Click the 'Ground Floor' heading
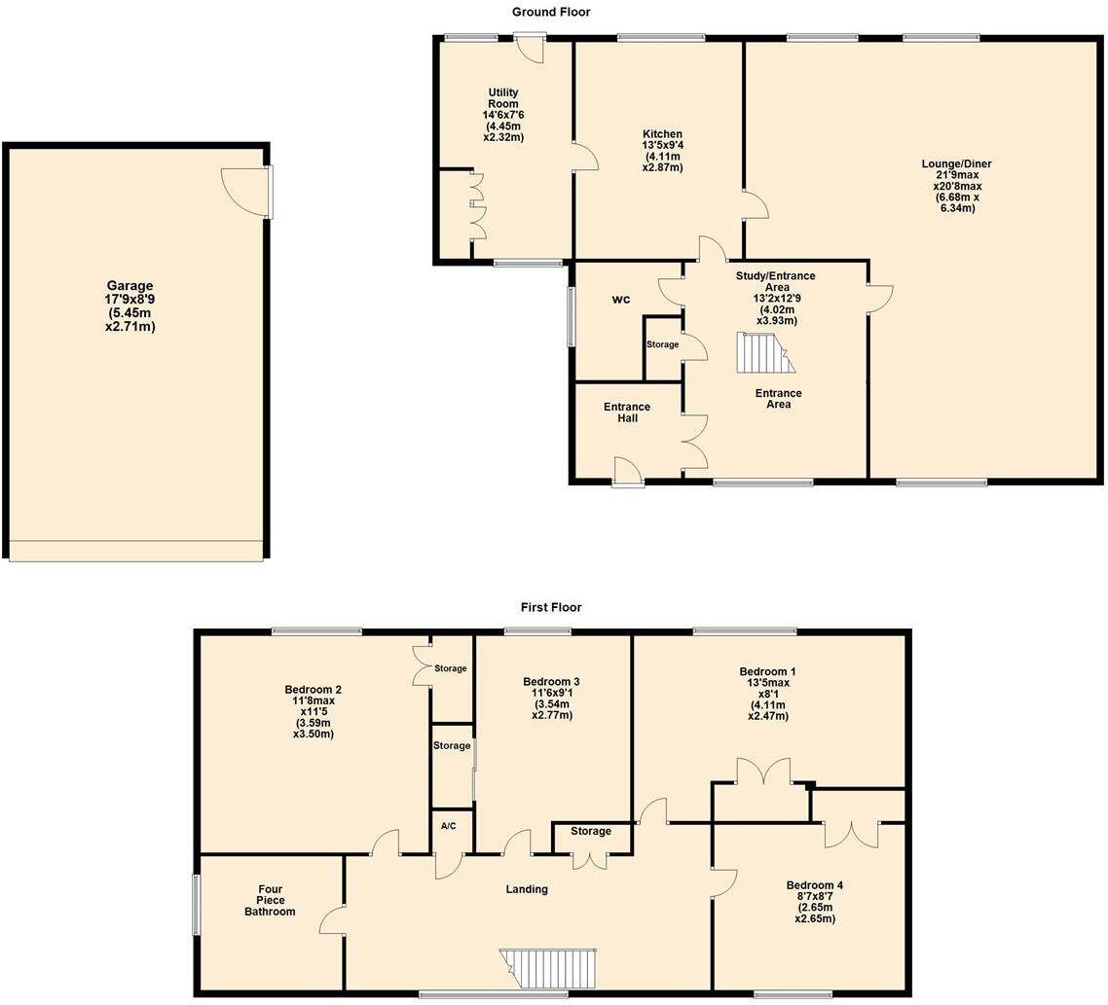click(551, 13)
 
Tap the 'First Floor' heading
click(551, 607)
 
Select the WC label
click(621, 300)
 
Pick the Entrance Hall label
click(627, 413)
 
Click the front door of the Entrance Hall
click(628, 472)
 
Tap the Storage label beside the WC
click(663, 344)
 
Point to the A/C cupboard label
click(449, 826)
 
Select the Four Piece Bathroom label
click(270, 899)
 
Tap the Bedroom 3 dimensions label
click(551, 703)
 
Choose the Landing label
click(527, 888)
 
